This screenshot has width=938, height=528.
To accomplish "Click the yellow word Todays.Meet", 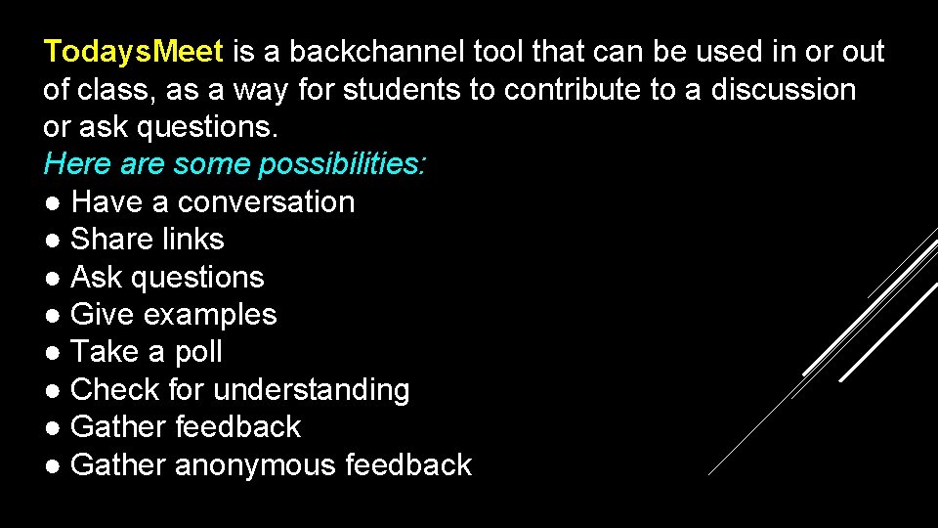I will (134, 52).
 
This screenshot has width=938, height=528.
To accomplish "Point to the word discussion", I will (783, 90).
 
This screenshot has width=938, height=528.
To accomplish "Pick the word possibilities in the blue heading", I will (342, 164).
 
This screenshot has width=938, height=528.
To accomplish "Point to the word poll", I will (199, 352).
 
